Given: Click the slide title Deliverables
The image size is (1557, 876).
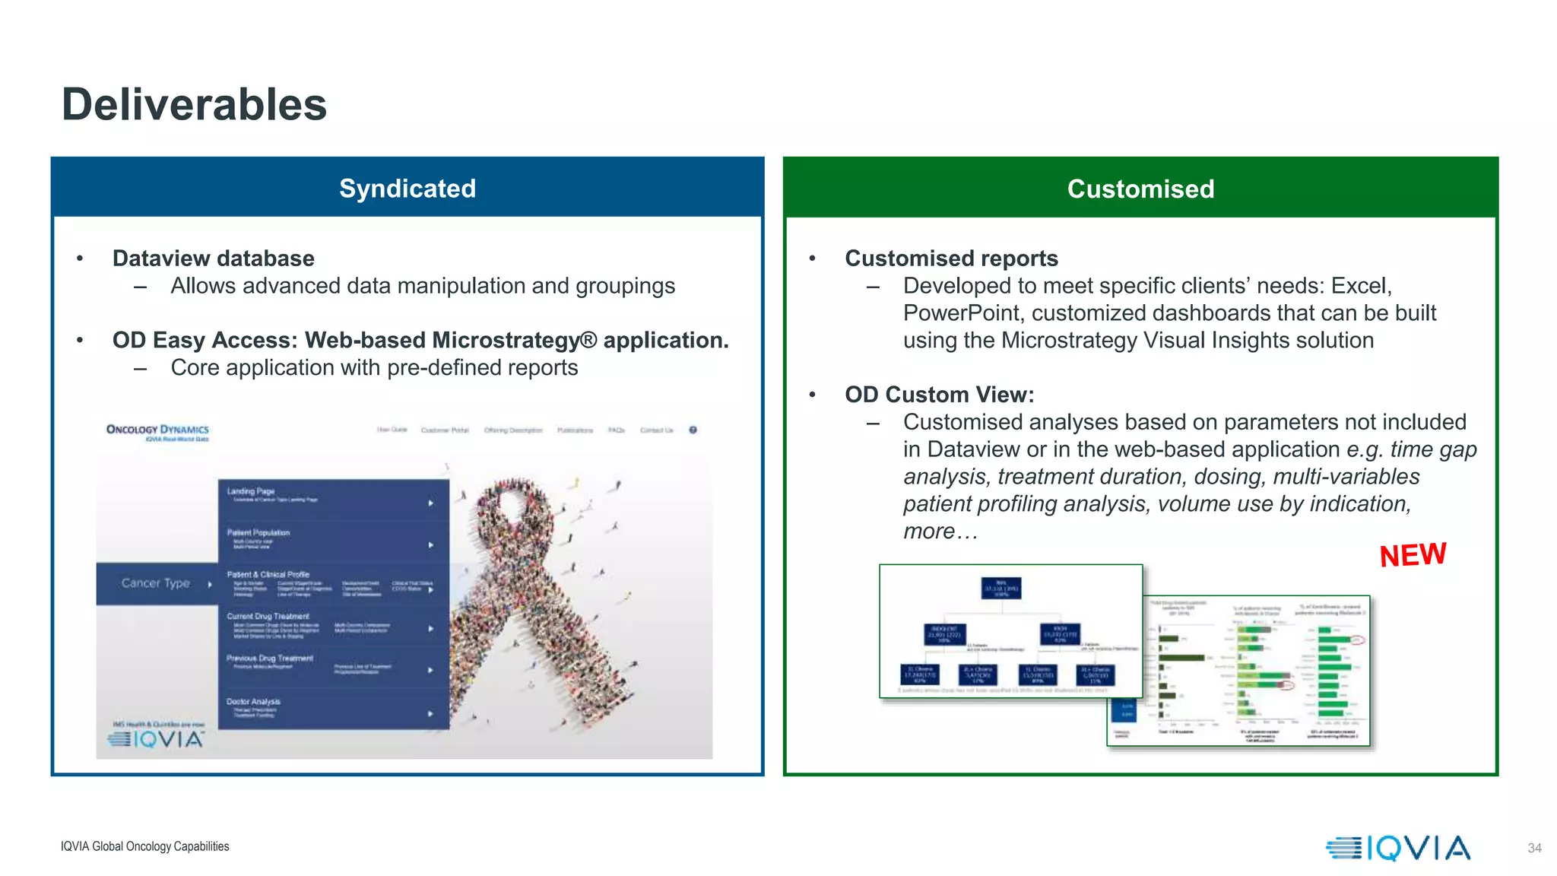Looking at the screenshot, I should [194, 104].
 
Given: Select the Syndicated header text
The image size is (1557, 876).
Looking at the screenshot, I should [407, 189].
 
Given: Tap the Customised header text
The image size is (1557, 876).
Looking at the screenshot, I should [1140, 189].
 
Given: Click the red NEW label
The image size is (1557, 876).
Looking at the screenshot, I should [1413, 554].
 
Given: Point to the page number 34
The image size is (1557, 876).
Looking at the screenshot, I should [1534, 848].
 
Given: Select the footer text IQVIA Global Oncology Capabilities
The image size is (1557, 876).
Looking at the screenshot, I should [144, 846].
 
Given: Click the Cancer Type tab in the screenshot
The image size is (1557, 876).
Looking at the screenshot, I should [157, 583].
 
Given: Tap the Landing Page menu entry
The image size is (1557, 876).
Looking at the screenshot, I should [251, 491].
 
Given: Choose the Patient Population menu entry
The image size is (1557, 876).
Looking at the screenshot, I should [258, 532].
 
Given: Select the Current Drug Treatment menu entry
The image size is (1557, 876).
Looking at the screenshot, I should [268, 616].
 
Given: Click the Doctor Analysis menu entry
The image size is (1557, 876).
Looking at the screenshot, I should [253, 701].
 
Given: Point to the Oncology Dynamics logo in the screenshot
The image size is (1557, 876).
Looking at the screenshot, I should [158, 431].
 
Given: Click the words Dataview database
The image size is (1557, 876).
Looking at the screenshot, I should [213, 259].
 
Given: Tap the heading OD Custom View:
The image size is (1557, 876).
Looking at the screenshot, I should [939, 395].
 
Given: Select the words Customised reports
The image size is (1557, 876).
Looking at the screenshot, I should [951, 259].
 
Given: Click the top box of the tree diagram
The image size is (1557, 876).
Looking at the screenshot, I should [1000, 588].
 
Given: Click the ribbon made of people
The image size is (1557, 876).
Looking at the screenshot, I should [544, 593].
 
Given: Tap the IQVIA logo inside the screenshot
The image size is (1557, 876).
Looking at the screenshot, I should [157, 738].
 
